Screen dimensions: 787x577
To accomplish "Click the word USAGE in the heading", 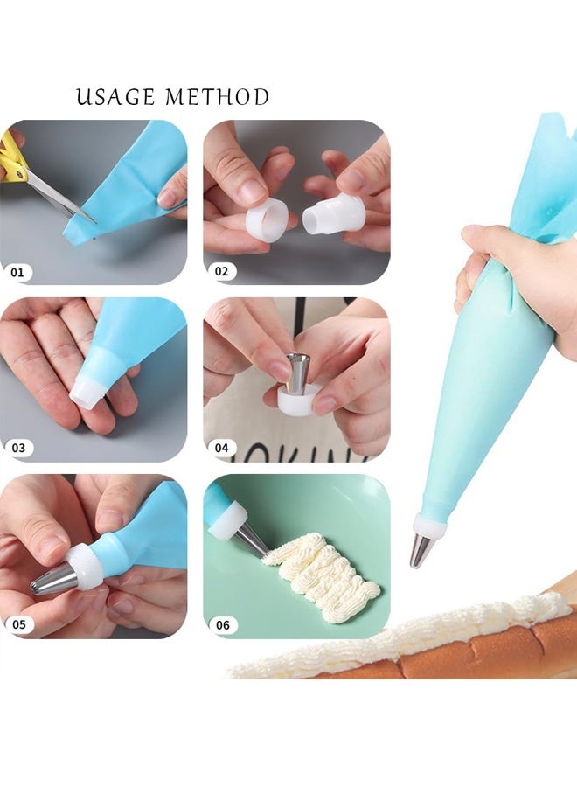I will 115,97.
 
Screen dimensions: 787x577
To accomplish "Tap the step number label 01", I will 17,272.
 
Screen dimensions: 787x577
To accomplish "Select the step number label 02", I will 221,272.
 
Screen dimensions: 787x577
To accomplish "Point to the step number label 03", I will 17,448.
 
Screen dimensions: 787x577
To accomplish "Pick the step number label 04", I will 221,448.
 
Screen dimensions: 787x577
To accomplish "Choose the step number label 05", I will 17,624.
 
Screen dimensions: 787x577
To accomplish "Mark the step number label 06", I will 222,624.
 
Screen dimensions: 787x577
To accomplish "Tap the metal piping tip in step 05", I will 54,579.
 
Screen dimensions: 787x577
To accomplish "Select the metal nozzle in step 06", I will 251,540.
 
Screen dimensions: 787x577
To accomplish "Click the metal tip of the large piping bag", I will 421,550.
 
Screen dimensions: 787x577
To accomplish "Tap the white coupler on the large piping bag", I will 429,526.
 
